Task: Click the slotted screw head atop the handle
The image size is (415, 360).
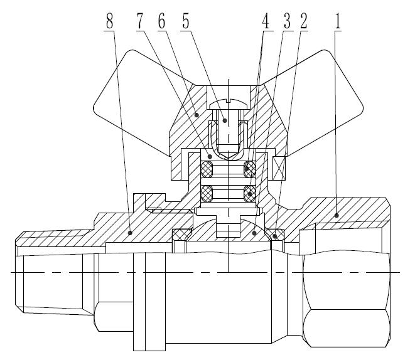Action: [228, 103]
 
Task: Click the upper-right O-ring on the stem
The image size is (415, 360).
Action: [250, 168]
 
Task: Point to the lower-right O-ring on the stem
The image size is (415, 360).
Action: [250, 193]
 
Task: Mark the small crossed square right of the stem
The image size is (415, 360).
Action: [280, 167]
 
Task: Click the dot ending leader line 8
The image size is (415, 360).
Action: [130, 232]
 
